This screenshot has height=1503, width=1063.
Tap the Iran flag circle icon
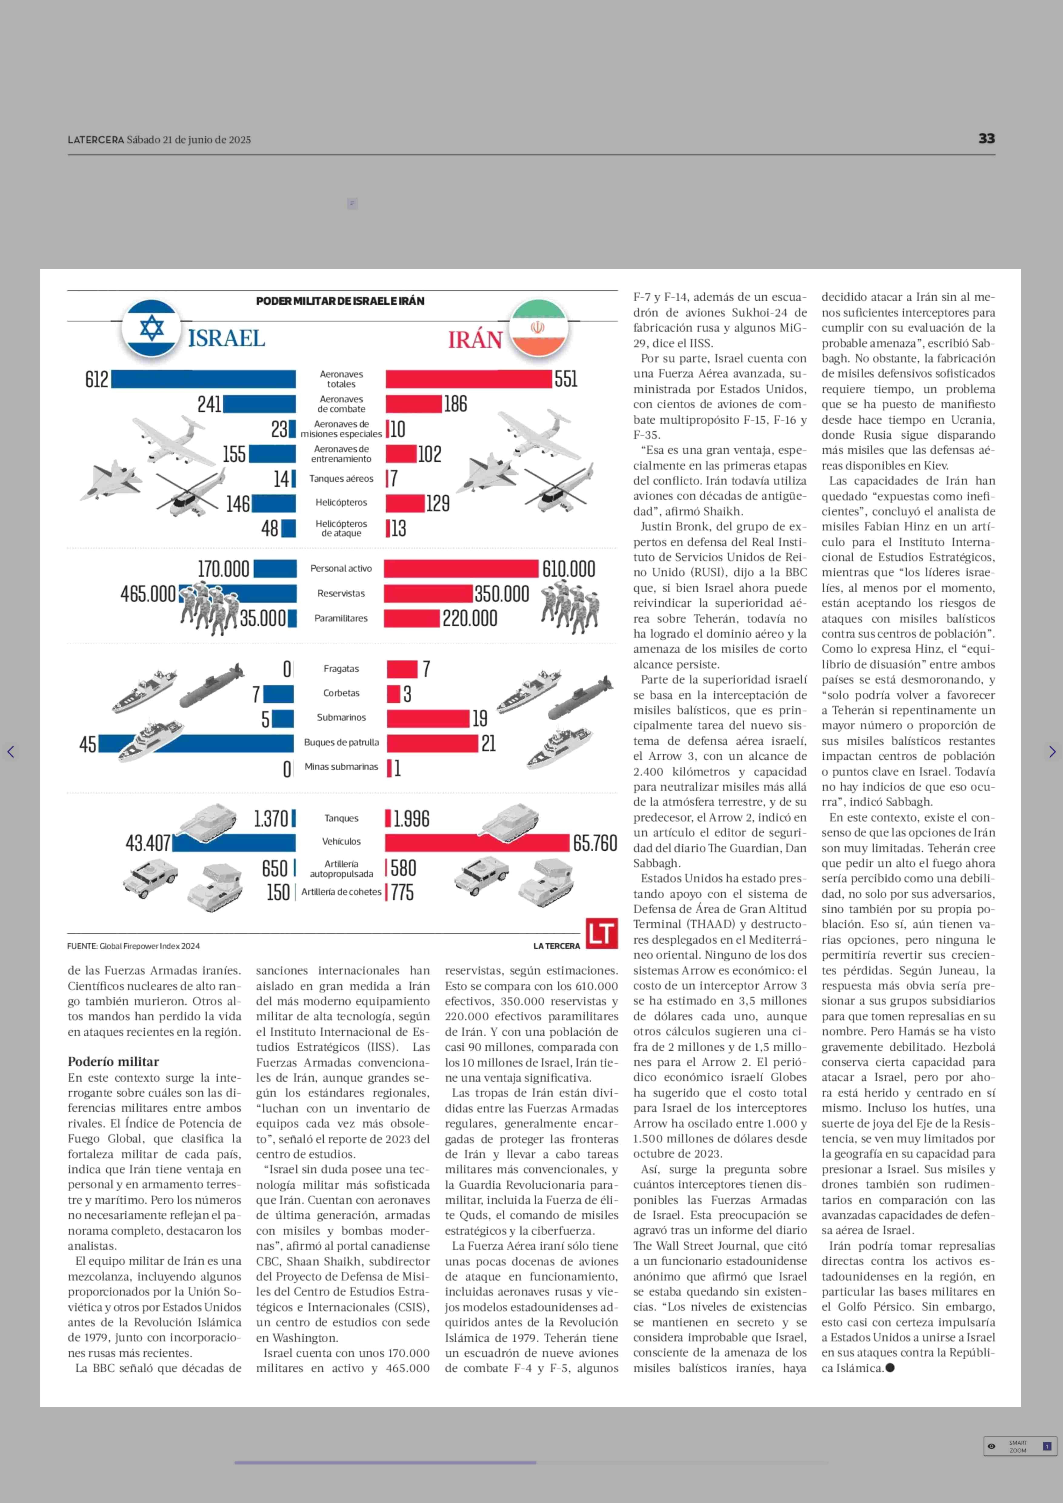coord(537,328)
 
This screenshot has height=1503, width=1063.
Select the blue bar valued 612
coord(203,379)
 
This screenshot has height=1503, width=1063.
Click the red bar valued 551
coord(468,379)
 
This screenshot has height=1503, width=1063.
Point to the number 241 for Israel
coord(209,404)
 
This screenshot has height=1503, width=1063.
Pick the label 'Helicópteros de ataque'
coord(341,528)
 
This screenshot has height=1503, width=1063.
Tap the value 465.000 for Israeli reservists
coord(148,594)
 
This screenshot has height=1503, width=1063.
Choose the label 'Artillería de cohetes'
coord(341,892)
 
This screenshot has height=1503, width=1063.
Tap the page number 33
coord(986,139)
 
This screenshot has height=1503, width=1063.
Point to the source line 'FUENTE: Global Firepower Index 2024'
coord(133,946)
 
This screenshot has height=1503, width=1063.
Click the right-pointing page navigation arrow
coord(1052,752)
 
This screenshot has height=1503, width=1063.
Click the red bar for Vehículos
coord(477,842)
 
